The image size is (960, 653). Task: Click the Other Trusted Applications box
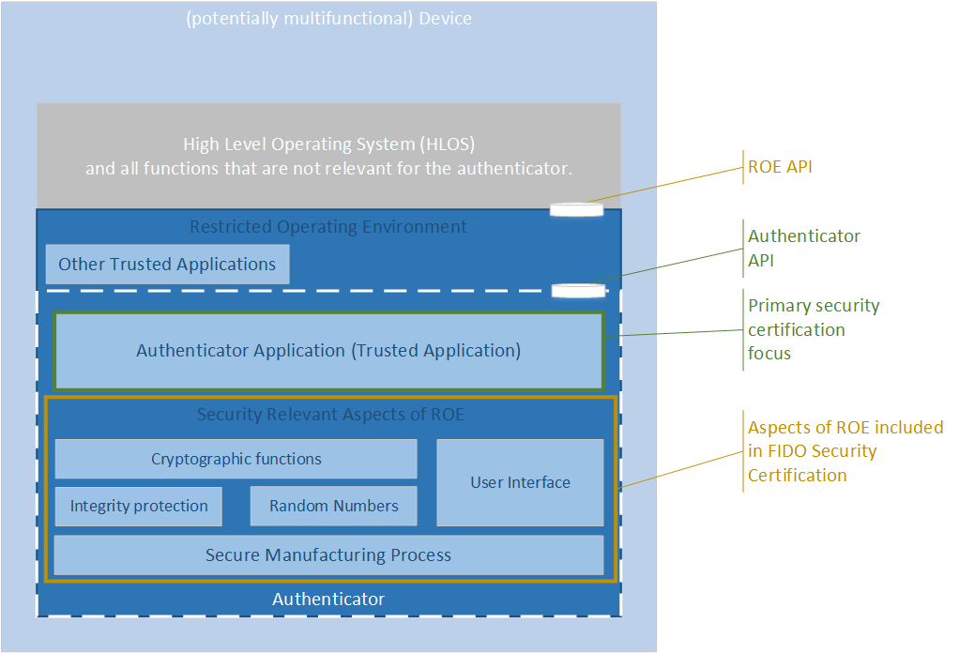tap(167, 265)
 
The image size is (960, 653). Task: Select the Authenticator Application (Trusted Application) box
tap(328, 351)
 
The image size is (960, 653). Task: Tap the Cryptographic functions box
tap(236, 459)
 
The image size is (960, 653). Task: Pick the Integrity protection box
tap(139, 506)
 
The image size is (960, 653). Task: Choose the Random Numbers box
tap(333, 506)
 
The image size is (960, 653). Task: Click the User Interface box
tap(520, 482)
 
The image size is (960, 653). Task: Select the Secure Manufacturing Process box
tap(328, 554)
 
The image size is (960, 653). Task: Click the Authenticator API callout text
tap(803, 248)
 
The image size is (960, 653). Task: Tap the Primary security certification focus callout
tap(813, 329)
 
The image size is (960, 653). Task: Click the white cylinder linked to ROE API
tap(576, 209)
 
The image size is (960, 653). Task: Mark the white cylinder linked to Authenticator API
tap(578, 290)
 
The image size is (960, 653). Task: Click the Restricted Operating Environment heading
tap(328, 226)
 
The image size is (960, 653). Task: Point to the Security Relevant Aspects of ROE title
tap(330, 414)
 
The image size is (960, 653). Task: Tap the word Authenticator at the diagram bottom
tap(328, 599)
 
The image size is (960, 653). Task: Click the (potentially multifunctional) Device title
tap(328, 19)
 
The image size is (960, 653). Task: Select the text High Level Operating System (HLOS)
tap(328, 144)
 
